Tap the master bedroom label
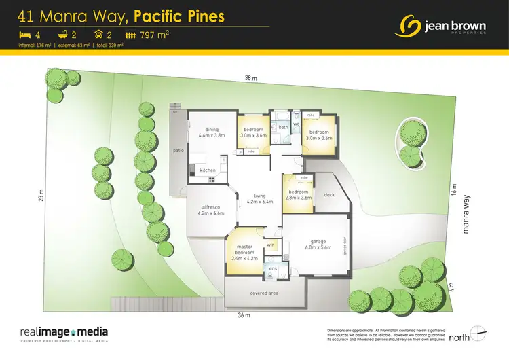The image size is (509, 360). click(x=244, y=253)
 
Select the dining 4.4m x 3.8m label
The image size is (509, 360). click(x=211, y=132)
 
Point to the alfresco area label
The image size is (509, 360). click(x=211, y=210)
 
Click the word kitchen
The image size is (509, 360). click(x=208, y=170)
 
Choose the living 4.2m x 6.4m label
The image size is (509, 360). click(x=259, y=198)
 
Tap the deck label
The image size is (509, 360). click(x=329, y=195)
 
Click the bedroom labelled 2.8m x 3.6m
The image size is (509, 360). click(x=299, y=195)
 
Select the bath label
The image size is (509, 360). click(x=283, y=127)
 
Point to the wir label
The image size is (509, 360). click(x=269, y=244)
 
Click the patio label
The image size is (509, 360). click(x=178, y=151)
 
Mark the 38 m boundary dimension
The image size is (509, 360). click(x=251, y=79)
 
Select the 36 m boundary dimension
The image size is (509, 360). click(x=245, y=316)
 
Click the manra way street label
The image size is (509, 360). click(x=467, y=216)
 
